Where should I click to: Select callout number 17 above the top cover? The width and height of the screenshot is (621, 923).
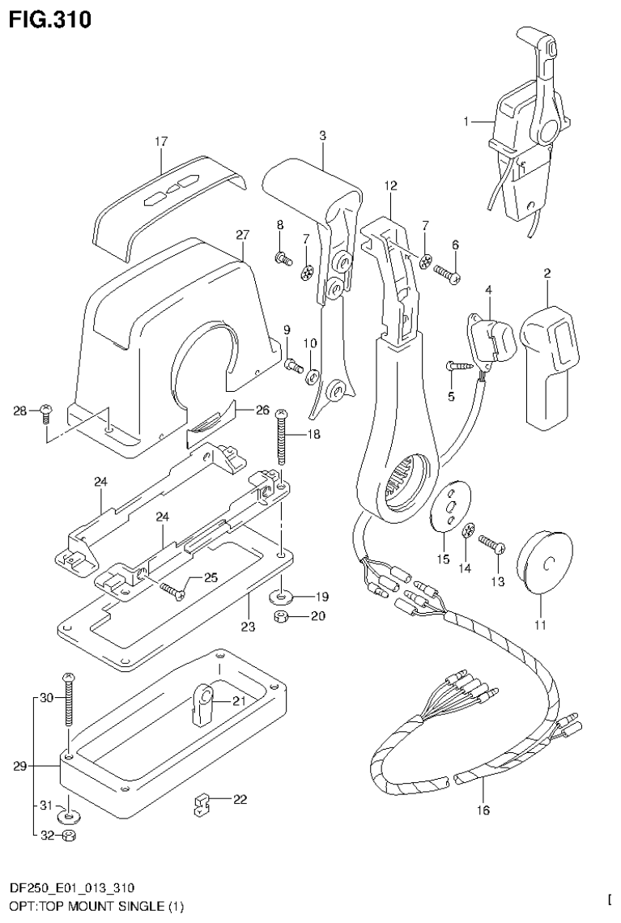(160, 142)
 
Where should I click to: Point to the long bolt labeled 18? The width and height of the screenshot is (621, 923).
(282, 437)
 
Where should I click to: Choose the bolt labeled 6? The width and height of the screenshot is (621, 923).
(447, 274)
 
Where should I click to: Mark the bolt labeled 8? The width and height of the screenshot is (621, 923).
(283, 258)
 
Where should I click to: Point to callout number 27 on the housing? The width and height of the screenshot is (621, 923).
(240, 235)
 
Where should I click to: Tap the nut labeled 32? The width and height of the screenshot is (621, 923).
(70, 835)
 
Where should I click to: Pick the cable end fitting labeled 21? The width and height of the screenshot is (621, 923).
(202, 700)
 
